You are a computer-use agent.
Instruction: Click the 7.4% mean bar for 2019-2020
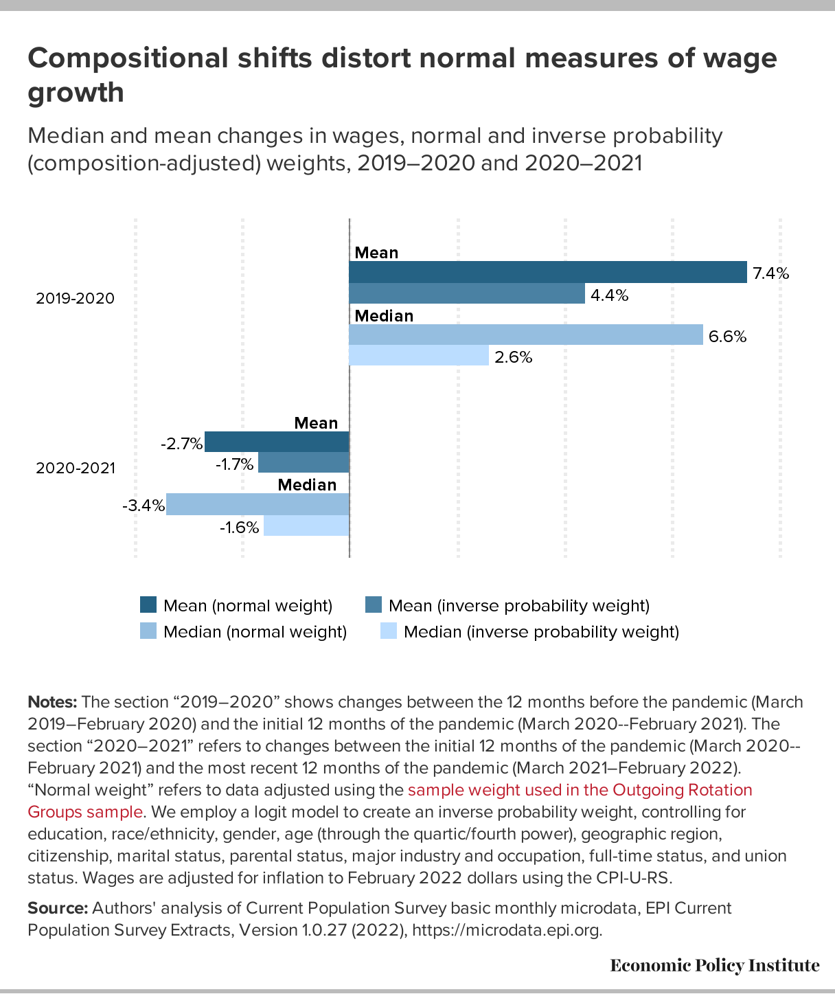point(548,272)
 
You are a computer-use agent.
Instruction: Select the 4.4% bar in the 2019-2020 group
point(467,293)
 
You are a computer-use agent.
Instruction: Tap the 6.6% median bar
point(526,335)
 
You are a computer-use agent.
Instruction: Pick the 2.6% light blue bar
point(419,355)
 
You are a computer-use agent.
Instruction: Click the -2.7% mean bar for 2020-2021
point(277,442)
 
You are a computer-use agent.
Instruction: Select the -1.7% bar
point(304,462)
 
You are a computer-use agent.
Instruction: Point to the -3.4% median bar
point(258,504)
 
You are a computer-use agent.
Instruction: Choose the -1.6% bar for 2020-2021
point(306,526)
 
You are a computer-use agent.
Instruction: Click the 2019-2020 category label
point(76,299)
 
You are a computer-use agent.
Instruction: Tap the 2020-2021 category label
point(76,468)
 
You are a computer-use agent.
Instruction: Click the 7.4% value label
point(770,273)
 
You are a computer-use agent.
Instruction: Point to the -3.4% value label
point(144,506)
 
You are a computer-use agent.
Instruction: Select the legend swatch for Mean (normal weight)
point(148,605)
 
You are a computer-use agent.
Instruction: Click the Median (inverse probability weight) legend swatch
point(389,631)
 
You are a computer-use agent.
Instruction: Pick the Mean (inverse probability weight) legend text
point(518,605)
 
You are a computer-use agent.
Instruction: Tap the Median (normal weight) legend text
point(255,631)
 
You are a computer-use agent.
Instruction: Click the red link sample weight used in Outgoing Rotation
point(580,790)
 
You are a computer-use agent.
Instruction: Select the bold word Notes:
point(52,702)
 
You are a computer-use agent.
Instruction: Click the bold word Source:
point(58,908)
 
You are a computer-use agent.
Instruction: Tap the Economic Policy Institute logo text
point(714,966)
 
